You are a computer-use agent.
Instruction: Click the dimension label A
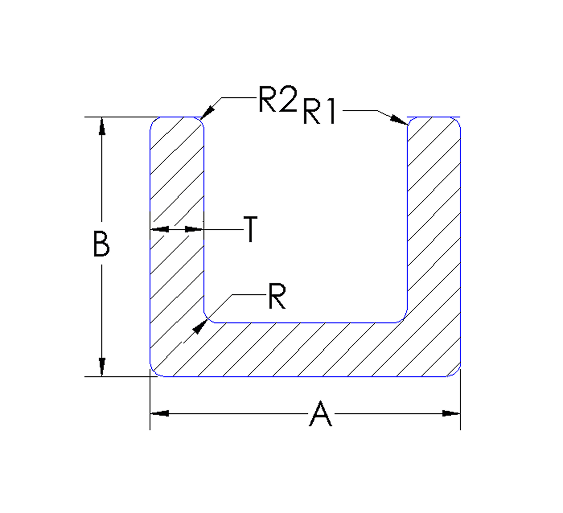[321, 414]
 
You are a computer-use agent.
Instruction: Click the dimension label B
[101, 244]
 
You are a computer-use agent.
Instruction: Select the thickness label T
[251, 229]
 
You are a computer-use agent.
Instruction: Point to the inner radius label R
[277, 297]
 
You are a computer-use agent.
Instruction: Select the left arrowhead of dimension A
[160, 413]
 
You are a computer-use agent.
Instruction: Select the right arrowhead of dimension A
[451, 413]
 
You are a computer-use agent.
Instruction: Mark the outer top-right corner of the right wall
[457, 121]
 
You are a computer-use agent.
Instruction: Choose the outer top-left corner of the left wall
[154, 121]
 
